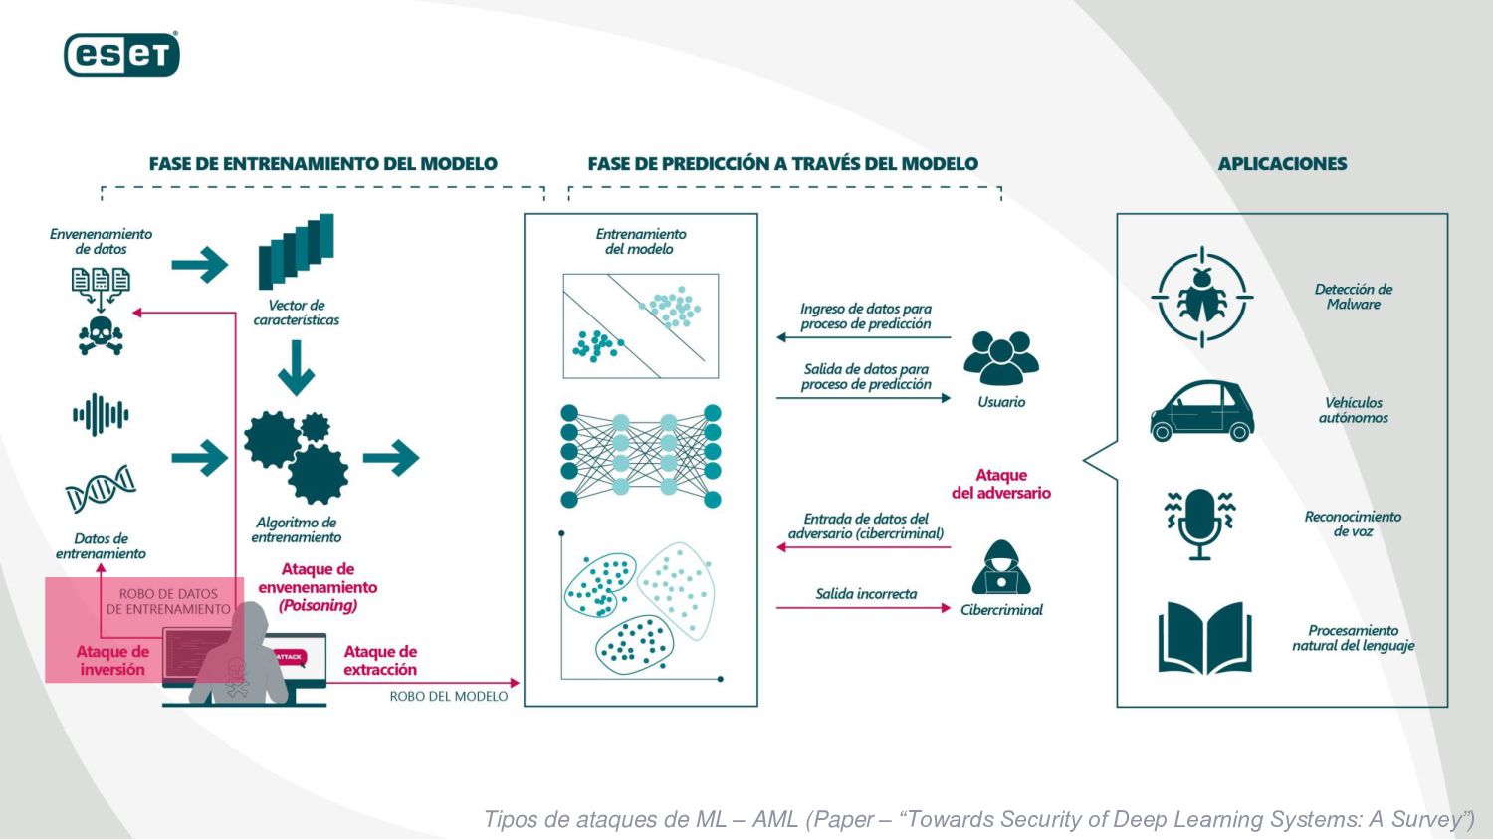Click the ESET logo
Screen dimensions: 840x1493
[121, 55]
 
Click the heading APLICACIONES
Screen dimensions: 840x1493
[1282, 164]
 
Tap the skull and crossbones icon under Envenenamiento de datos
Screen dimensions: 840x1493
[101, 335]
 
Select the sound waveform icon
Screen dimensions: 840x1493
[101, 414]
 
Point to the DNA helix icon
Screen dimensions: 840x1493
[101, 488]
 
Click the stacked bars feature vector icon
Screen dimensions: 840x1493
[296, 251]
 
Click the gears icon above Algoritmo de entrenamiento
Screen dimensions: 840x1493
[297, 457]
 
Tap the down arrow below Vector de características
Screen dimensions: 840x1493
[296, 368]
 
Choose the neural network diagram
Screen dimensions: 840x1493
[640, 455]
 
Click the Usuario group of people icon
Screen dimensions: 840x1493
[1000, 359]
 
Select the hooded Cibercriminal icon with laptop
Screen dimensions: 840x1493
[1000, 568]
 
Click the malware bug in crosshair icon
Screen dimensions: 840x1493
[1201, 297]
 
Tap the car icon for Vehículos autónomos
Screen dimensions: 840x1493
[1201, 410]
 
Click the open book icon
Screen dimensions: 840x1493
[1204, 638]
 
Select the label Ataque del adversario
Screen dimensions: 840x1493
[1000, 484]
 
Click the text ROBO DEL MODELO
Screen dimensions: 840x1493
[448, 697]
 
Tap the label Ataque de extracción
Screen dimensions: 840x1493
[380, 661]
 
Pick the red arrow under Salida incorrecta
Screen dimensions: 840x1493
[863, 608]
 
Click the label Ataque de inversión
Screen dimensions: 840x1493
[112, 661]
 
